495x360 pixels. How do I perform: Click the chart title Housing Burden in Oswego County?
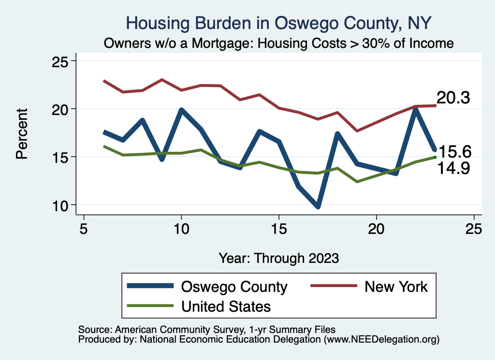point(278,23)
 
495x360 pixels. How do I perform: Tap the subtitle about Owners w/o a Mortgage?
point(279,43)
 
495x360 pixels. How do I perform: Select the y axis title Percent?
point(22,133)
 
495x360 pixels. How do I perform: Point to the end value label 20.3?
point(454,98)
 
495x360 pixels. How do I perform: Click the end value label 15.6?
point(454,152)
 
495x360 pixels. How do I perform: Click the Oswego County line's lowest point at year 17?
point(318,207)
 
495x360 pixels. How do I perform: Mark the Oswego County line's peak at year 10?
point(181,110)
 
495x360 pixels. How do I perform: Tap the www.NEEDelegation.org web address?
point(381,339)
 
